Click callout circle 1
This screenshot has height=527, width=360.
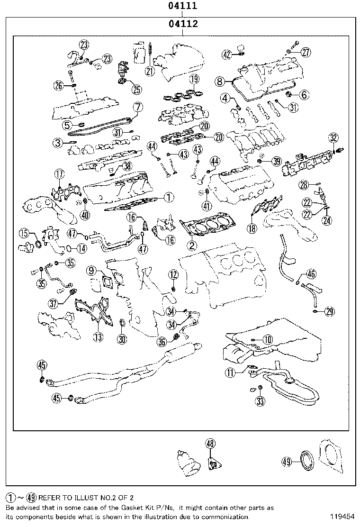(x=169, y=197)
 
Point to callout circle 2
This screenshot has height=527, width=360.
(x=192, y=245)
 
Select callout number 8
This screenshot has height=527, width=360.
(x=219, y=82)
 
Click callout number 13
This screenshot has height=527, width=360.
(x=98, y=337)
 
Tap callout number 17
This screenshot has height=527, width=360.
(x=59, y=174)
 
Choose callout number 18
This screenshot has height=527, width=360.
(x=252, y=228)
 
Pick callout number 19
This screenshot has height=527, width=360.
(x=193, y=79)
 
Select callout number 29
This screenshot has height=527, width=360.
(x=330, y=311)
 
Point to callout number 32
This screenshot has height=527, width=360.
(x=333, y=138)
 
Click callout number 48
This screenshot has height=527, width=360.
(x=210, y=444)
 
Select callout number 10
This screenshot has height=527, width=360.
(x=268, y=339)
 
